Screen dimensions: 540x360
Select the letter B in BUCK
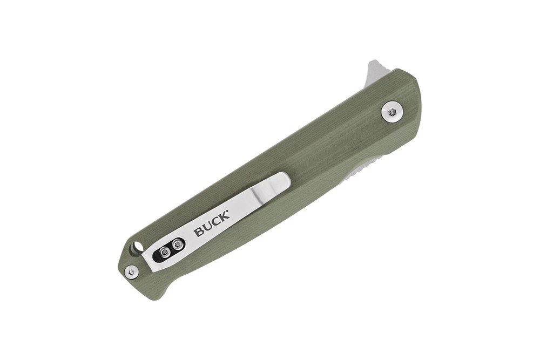199,232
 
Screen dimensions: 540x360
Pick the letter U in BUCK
208,227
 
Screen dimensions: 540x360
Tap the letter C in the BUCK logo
217,222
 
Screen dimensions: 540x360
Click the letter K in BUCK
224,218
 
